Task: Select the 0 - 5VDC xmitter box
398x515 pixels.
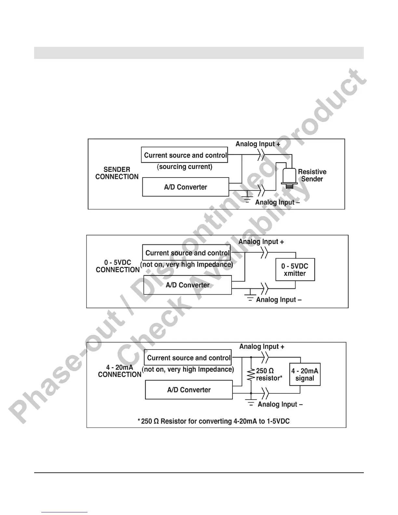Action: click(x=295, y=270)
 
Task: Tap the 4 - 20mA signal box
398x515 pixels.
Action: click(x=305, y=375)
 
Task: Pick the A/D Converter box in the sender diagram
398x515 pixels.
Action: click(x=186, y=187)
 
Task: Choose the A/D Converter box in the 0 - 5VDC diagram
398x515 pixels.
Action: click(x=188, y=285)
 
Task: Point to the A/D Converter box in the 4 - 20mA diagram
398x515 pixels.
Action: click(x=189, y=390)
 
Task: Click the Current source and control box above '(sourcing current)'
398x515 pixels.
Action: click(x=184, y=155)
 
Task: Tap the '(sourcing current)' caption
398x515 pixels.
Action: click(x=184, y=167)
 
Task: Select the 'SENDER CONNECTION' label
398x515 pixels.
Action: click(x=117, y=173)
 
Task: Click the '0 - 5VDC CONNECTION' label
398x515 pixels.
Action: click(x=118, y=266)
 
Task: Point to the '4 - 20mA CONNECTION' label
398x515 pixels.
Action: click(x=119, y=371)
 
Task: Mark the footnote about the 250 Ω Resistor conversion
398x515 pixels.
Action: click(x=214, y=421)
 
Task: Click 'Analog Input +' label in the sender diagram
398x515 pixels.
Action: click(x=258, y=144)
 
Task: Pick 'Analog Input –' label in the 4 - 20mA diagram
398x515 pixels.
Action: click(x=280, y=404)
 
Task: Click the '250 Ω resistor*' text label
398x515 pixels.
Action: click(x=269, y=375)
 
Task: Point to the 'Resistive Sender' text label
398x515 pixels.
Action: click(x=312, y=175)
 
